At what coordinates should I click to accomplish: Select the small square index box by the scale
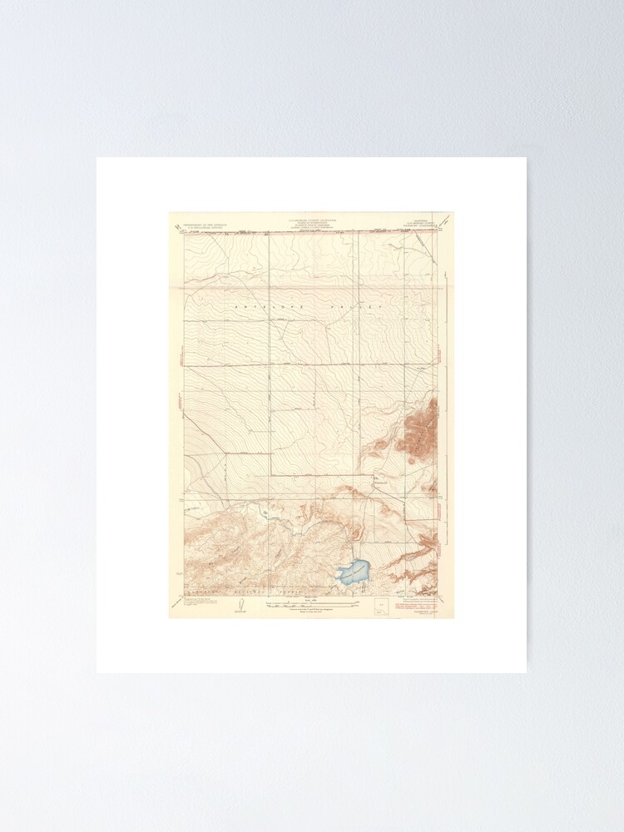pos(382,605)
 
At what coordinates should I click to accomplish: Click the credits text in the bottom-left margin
pos(197,601)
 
